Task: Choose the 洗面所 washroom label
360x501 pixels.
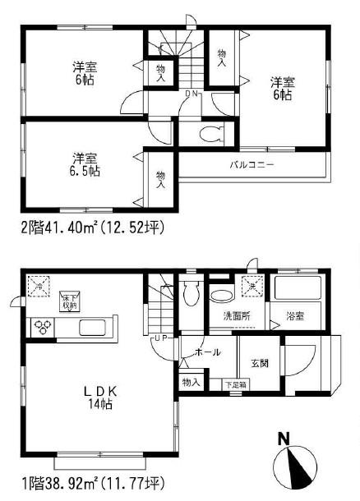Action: [x=238, y=315]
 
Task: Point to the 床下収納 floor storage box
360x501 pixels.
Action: [x=69, y=301]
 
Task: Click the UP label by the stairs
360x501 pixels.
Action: [x=161, y=338]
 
